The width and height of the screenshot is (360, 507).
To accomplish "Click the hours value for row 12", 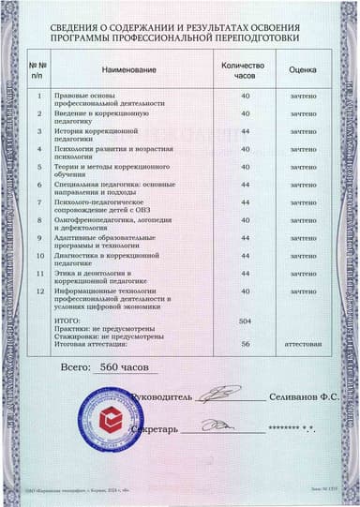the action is point(245,291).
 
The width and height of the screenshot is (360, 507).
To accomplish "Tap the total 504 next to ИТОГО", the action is point(245,320).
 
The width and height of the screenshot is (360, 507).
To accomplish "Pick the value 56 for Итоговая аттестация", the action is point(245,344).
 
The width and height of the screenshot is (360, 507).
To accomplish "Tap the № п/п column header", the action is point(37,71).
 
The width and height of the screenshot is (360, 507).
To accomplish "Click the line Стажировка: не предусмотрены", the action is point(112,336).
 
